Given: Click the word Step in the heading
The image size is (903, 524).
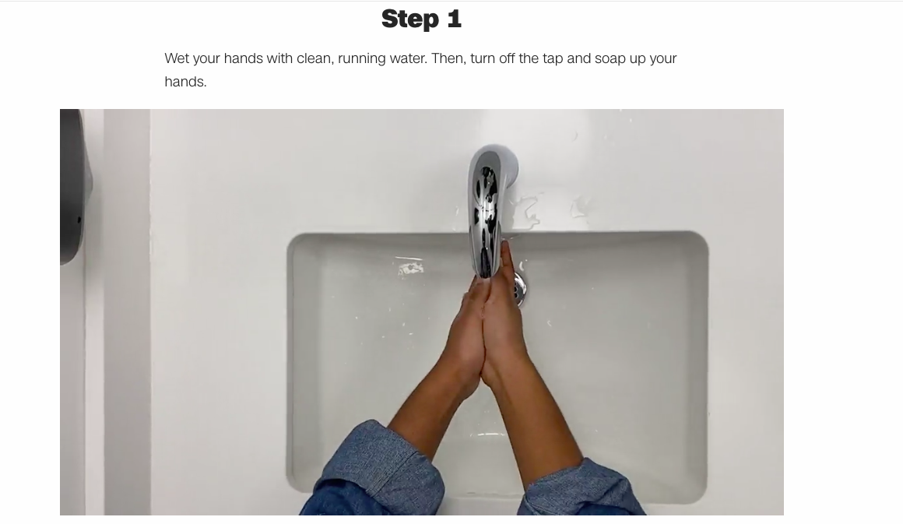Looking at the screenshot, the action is pyautogui.click(x=410, y=19).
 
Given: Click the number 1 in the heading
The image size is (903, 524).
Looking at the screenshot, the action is pyautogui.click(x=455, y=19).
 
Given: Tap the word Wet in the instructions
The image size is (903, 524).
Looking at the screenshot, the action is pyautogui.click(x=177, y=58).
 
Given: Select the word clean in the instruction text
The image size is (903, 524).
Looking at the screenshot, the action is pyautogui.click(x=314, y=58).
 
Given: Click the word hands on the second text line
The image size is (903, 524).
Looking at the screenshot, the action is pyautogui.click(x=184, y=82).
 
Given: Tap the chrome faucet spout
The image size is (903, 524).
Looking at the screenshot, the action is pyautogui.click(x=489, y=207).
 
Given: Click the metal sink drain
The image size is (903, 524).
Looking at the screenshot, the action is pyautogui.click(x=520, y=288).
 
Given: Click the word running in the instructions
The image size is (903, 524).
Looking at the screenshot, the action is pyautogui.click(x=362, y=59).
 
